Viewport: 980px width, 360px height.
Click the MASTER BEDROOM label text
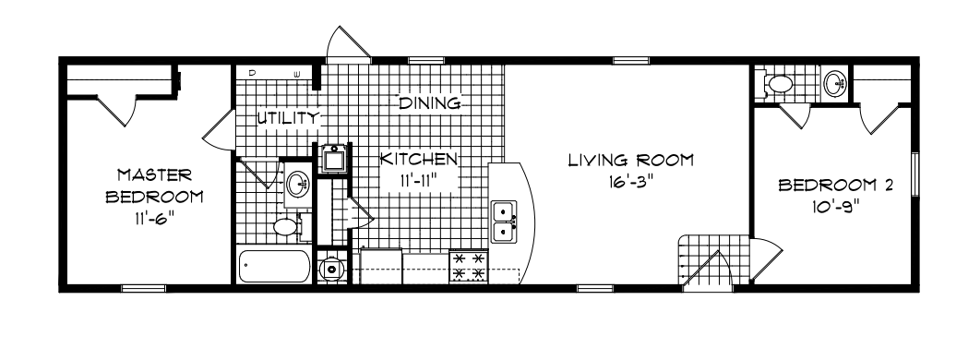(x=154, y=186)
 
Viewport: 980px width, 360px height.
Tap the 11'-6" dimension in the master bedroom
(x=154, y=221)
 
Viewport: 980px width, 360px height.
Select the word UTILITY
(x=287, y=118)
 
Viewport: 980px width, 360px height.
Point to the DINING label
(x=429, y=103)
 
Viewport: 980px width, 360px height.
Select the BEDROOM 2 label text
(x=836, y=186)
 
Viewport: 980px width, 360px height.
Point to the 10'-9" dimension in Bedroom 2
(x=836, y=208)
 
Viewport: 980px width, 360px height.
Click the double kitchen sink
(x=504, y=222)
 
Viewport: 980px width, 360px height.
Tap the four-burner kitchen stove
(x=467, y=268)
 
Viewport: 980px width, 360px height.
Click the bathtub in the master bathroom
(x=275, y=267)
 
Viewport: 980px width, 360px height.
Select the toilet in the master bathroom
(x=287, y=224)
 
